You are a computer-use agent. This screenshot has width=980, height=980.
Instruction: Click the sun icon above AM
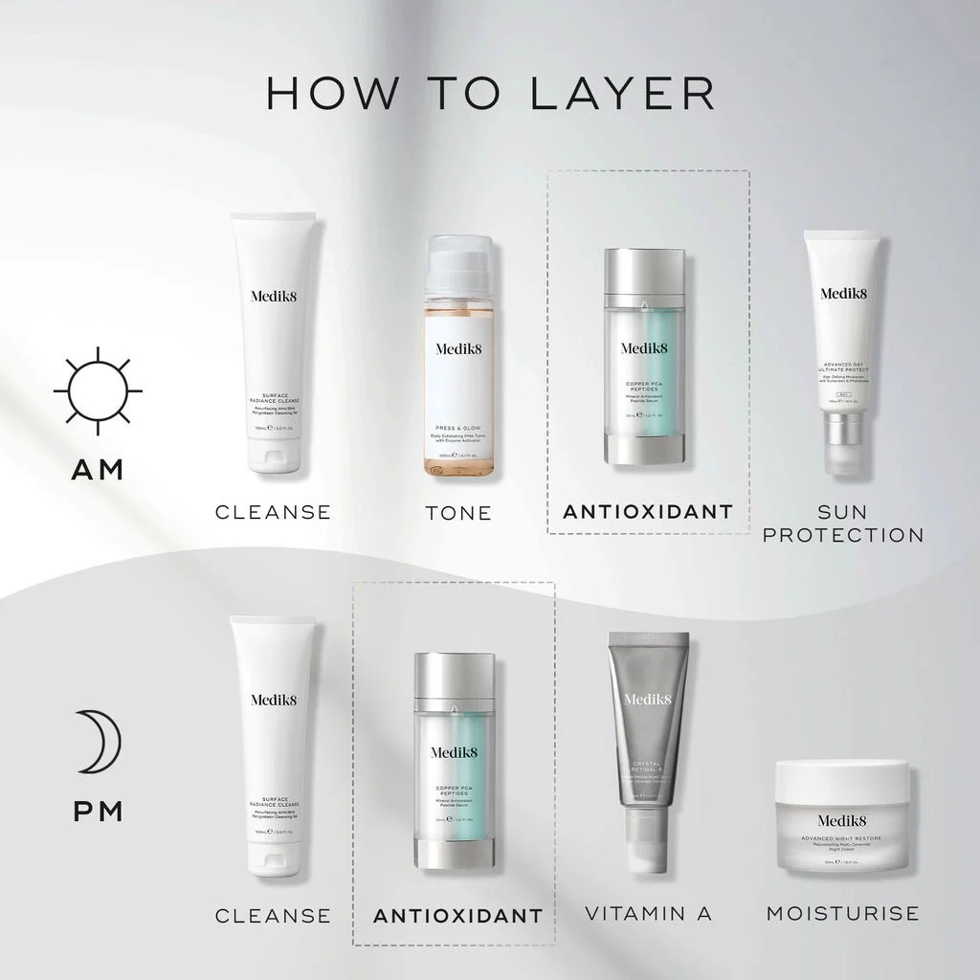tap(97, 391)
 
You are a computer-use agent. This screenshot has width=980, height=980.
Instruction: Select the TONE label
tap(458, 514)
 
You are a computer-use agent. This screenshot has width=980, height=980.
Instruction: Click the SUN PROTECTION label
tap(843, 523)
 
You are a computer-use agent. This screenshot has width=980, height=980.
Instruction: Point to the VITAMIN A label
tap(648, 914)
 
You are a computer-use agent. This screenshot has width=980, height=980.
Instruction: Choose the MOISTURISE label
tap(842, 914)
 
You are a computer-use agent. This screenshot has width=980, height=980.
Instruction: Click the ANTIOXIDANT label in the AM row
tap(648, 512)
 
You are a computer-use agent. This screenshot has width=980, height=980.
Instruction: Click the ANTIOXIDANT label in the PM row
tap(457, 916)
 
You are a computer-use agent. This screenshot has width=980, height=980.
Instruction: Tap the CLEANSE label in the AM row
tap(273, 512)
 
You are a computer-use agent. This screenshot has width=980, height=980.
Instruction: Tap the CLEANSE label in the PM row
tap(273, 916)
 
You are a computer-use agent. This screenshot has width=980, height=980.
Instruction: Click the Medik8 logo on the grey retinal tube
tap(648, 700)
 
